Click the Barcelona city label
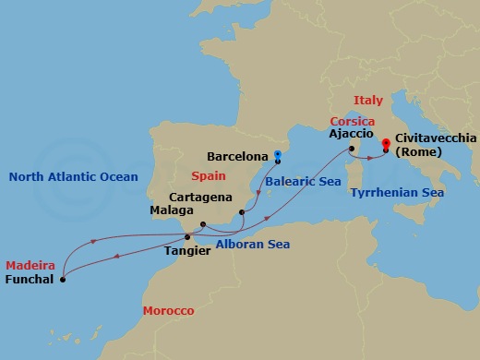point(237,157)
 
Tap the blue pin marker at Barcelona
point(278,156)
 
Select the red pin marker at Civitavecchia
point(385,144)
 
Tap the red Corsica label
point(353,121)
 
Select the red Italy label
point(367,99)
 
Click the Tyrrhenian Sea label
point(397,193)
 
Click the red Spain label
point(208,175)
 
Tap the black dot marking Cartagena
point(241,212)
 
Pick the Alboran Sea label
point(252,245)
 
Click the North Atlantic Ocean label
point(72,176)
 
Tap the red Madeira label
point(30,265)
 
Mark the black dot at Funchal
point(63,278)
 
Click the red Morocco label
point(168,311)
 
